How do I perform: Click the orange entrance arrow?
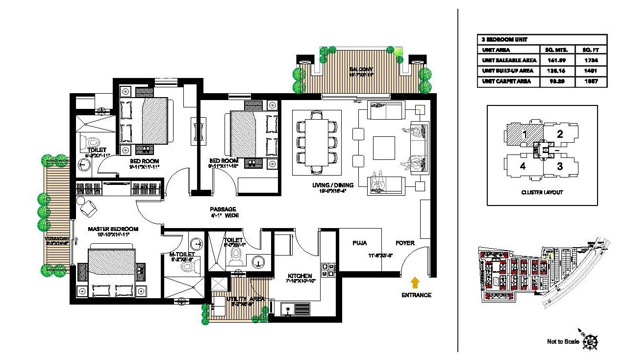click(x=415, y=282)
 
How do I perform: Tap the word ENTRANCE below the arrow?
click(x=416, y=295)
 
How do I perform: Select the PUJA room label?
click(x=360, y=243)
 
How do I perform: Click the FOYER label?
click(x=405, y=243)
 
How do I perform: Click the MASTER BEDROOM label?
click(x=113, y=229)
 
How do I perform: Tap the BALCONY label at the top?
click(x=361, y=69)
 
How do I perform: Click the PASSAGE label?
click(x=223, y=209)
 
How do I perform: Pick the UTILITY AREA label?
click(x=246, y=299)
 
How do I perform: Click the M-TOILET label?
click(x=182, y=255)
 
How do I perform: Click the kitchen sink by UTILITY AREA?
click(x=295, y=309)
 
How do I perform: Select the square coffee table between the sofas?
click(x=383, y=147)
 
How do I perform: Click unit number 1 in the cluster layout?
click(x=524, y=133)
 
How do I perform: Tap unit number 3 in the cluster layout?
click(x=560, y=166)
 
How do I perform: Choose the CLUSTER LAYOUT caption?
click(x=542, y=193)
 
